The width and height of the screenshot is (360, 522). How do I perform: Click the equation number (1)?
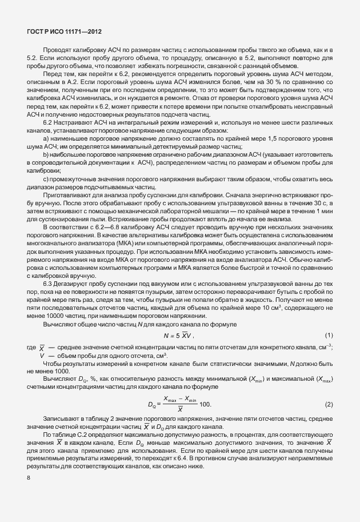pyautogui.click(x=329, y=334)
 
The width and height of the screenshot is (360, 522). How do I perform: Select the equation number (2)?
pyautogui.click(x=329, y=404)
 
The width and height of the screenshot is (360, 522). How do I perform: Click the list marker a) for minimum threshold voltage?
pyautogui.click(x=46, y=138)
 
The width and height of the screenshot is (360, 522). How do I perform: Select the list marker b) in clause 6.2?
pyautogui.click(x=46, y=154)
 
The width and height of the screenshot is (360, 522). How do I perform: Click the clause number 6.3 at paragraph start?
pyautogui.click(x=48, y=284)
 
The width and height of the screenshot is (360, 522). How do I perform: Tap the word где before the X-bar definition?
pyautogui.click(x=31, y=348)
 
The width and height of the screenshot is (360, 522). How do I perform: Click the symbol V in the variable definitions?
pyautogui.click(x=42, y=356)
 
